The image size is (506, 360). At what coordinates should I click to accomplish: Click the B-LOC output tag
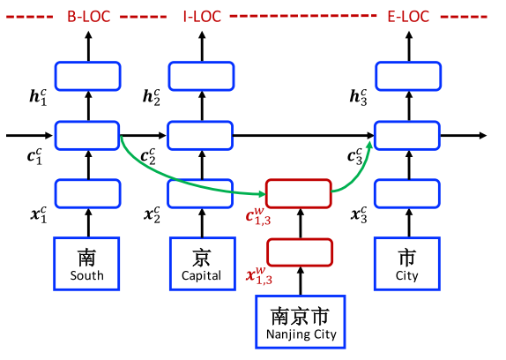click(x=88, y=16)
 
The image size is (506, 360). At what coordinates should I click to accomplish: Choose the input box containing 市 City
click(x=407, y=264)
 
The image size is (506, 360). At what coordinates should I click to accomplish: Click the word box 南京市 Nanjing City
click(x=301, y=321)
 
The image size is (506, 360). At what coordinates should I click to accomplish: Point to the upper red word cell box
click(x=299, y=192)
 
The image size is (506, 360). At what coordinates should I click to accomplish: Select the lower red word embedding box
click(x=299, y=251)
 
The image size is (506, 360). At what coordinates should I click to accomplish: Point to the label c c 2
click(x=147, y=157)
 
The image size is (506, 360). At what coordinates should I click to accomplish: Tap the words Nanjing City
click(x=301, y=334)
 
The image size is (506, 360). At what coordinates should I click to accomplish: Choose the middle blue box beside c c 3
click(x=407, y=135)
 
